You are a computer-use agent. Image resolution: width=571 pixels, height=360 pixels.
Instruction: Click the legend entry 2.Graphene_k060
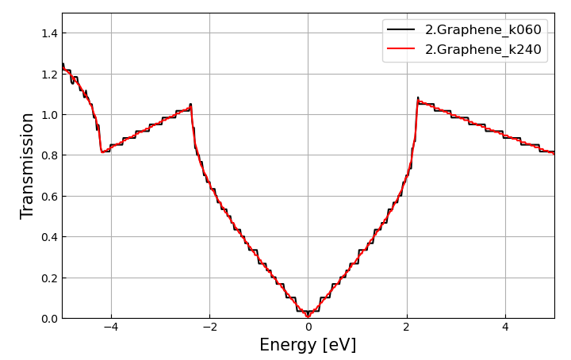point(483,30)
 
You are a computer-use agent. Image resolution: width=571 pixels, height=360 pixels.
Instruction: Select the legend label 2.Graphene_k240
point(483,49)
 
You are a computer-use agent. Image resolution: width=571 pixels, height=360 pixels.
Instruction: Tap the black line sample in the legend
point(402,30)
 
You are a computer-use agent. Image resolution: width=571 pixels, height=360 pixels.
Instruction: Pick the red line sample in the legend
point(402,49)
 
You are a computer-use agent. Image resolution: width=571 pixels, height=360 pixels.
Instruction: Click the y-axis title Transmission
point(28,166)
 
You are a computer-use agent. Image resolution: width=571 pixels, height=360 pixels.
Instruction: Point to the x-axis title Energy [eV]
point(308,346)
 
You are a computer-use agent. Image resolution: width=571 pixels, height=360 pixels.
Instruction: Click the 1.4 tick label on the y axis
point(48,33)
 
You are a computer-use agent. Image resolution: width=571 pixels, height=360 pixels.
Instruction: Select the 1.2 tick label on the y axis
point(48,74)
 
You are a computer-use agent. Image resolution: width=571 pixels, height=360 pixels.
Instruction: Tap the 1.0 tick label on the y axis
point(48,115)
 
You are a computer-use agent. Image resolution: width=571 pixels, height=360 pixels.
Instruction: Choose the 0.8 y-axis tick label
point(48,155)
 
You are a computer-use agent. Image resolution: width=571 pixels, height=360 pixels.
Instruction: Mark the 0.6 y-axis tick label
point(48,197)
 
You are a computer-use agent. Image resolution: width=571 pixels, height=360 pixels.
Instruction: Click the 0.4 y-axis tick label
point(48,237)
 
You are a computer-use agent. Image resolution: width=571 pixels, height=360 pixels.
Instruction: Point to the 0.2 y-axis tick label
point(48,278)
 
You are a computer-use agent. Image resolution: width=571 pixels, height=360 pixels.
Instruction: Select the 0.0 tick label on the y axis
point(48,319)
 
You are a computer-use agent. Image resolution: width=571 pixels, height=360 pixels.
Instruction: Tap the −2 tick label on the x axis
point(209,327)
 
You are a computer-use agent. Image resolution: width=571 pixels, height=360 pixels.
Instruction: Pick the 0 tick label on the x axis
point(308,327)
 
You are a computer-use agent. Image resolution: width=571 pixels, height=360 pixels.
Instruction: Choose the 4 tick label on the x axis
point(505,327)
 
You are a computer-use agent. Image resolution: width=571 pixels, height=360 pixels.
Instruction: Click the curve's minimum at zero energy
point(308,316)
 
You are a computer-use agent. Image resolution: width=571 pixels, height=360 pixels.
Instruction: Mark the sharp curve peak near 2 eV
point(418,99)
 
